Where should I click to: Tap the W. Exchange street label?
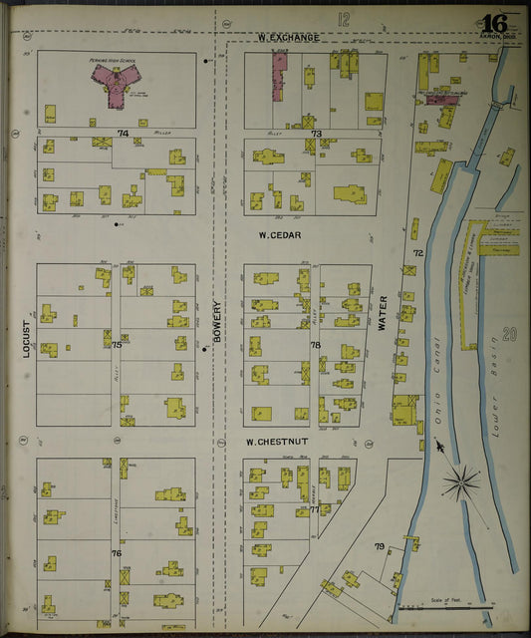(x=288, y=38)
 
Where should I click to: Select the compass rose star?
(x=460, y=485)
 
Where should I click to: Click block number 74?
(x=123, y=134)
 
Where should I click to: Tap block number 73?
(x=316, y=134)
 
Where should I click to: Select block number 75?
(x=117, y=345)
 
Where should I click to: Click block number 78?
(x=315, y=345)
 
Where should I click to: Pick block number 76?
(x=117, y=553)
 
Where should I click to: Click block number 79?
(x=379, y=545)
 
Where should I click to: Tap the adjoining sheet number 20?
(x=510, y=335)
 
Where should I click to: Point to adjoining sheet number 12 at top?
(x=344, y=18)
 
